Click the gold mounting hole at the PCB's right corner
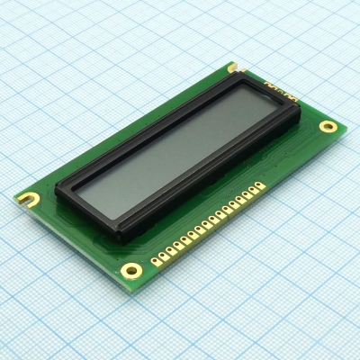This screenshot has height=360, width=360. (329, 126)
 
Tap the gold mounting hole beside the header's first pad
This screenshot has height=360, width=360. (131, 269)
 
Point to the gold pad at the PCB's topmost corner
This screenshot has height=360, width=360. (232, 67)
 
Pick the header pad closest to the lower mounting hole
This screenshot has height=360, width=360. (154, 262)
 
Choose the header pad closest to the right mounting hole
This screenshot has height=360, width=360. (260, 186)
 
